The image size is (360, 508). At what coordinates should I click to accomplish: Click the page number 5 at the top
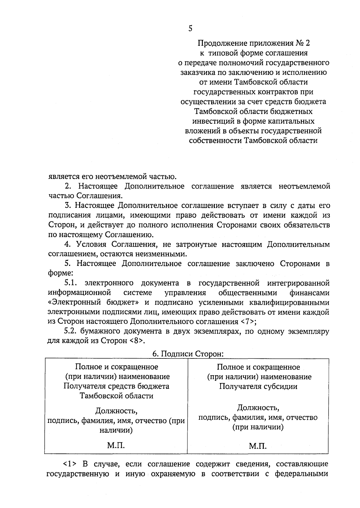(x=190, y=28)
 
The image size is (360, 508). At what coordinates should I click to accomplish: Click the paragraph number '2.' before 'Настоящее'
(x=68, y=186)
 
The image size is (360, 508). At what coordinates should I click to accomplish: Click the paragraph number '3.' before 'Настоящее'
(x=68, y=206)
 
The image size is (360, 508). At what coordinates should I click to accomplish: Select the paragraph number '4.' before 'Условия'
(x=68, y=245)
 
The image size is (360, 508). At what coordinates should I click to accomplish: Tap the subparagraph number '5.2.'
(x=71, y=331)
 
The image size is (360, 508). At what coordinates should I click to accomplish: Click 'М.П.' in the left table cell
(x=116, y=445)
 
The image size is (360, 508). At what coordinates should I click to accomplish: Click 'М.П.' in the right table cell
(x=258, y=446)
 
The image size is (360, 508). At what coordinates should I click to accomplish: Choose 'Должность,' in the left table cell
(x=116, y=410)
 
